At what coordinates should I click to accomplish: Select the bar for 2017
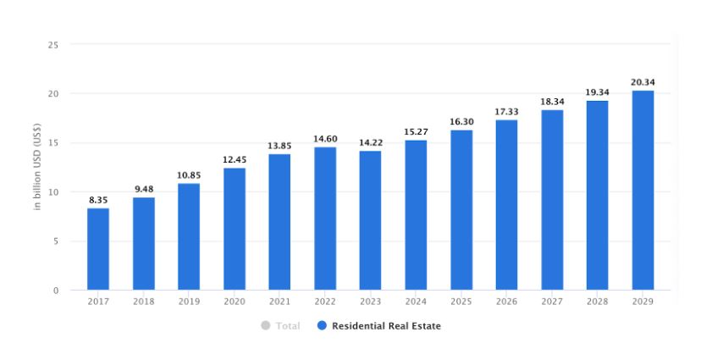pos(98,249)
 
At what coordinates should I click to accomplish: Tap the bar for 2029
pos(643,191)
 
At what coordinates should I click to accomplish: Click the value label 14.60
pos(325,139)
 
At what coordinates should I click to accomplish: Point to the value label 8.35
pos(98,200)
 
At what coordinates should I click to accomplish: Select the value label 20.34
pos(643,82)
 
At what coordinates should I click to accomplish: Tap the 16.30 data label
pos(461,122)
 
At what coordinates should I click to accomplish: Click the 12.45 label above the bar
pos(235,160)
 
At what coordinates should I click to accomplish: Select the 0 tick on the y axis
pos(55,291)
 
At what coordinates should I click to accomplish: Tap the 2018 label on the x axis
pos(144,301)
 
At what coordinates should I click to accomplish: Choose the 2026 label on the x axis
pos(506,301)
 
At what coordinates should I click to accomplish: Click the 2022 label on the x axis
pos(325,301)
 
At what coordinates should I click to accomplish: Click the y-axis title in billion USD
pos(38,168)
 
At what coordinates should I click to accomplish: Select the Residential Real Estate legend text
pos(386,326)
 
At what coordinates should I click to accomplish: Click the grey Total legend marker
pos(266,326)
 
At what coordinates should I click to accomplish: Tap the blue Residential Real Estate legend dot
pos(322,326)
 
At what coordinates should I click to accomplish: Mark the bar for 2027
pos(552,200)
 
